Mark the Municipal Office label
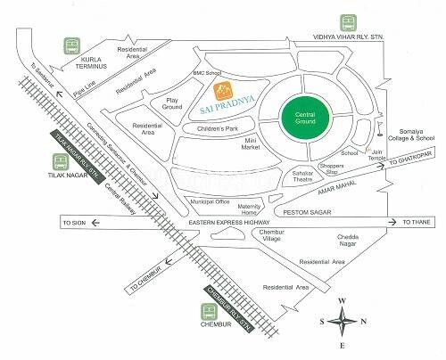(211, 203)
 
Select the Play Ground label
(171, 104)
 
